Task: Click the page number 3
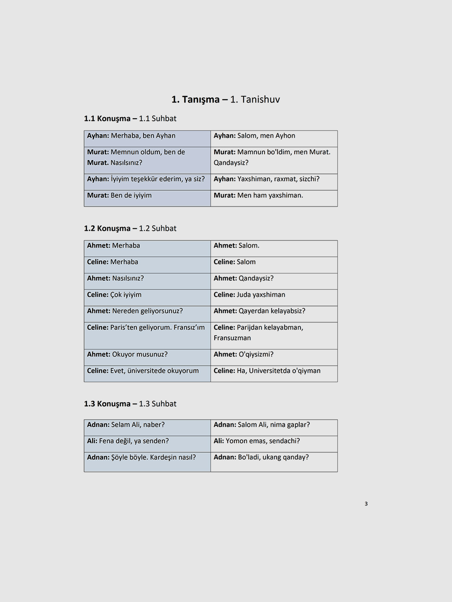pyautogui.click(x=366, y=504)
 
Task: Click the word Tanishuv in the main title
pyautogui.click(x=260, y=99)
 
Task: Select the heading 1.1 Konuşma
pyautogui.click(x=107, y=119)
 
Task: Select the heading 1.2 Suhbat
pyautogui.click(x=158, y=229)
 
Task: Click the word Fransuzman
pyautogui.click(x=232, y=338)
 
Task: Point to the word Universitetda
pyautogui.click(x=270, y=371)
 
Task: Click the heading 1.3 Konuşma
pyautogui.click(x=107, y=404)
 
